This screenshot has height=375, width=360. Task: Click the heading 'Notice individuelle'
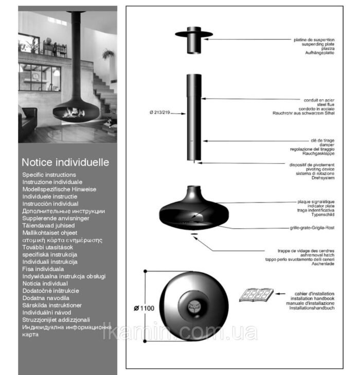pyautogui.click(x=65, y=162)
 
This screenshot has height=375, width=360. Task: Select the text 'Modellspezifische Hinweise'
pyautogui.click(x=59, y=189)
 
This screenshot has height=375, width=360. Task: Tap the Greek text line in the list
pyautogui.click(x=62, y=240)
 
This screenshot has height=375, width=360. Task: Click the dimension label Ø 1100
pyautogui.click(x=144, y=308)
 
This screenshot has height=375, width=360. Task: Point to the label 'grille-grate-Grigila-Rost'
pyautogui.click(x=313, y=227)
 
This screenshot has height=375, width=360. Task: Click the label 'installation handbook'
pyautogui.click(x=313, y=298)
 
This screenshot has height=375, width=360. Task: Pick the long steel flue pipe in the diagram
pyautogui.click(x=193, y=118)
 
